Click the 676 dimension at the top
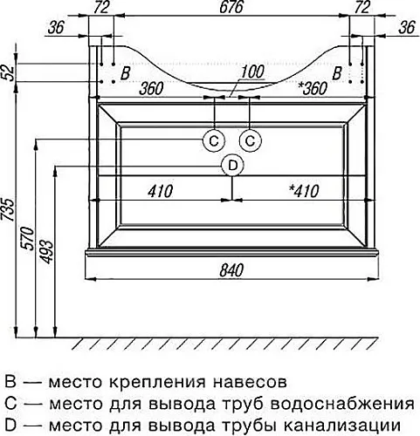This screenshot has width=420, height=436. coord(231,7)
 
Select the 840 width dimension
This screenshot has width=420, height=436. coord(231,270)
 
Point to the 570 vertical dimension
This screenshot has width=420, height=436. coord(29,238)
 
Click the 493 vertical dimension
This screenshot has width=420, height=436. coord(46,252)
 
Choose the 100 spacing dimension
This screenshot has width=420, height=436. coord(252,72)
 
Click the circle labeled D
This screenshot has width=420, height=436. coord(232,166)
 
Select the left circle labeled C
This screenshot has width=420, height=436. coord(214,141)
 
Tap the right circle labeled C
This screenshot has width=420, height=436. coord(251,141)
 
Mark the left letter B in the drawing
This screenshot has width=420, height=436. coord(125,73)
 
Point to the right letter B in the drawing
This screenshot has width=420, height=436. coord(336,73)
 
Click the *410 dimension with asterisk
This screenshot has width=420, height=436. coord(304,191)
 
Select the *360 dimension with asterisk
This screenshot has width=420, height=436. coord(313,88)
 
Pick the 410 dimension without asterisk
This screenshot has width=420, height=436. coord(160,191)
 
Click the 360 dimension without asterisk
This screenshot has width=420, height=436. coord(151,88)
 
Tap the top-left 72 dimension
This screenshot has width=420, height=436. coord(101,7)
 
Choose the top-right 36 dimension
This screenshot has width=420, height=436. coord(407,28)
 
